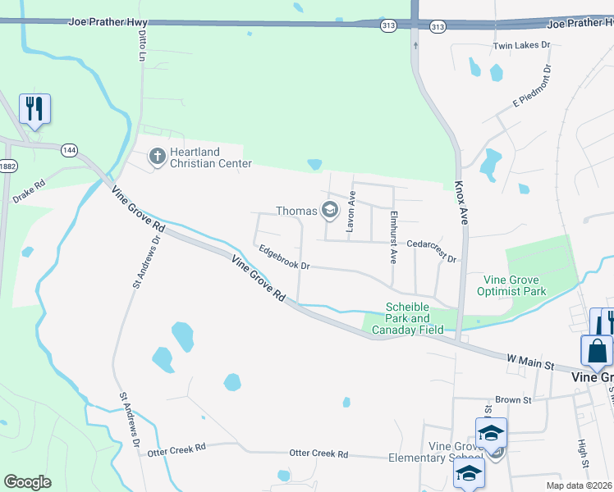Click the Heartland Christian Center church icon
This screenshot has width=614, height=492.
(157, 155)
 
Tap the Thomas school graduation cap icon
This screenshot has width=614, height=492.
(330, 211)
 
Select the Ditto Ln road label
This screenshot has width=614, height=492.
(142, 45)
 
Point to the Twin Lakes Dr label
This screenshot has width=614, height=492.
(520, 46)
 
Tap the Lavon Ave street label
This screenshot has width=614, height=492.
(351, 212)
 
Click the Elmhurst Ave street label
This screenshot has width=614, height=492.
(394, 237)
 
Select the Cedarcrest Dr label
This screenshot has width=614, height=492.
(432, 250)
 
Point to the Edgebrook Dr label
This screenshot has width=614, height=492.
(283, 258)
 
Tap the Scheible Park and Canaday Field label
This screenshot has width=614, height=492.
(408, 319)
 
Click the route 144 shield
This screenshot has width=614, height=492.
(69, 150)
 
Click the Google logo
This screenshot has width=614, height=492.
(27, 482)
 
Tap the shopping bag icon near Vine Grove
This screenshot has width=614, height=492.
(596, 351)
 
